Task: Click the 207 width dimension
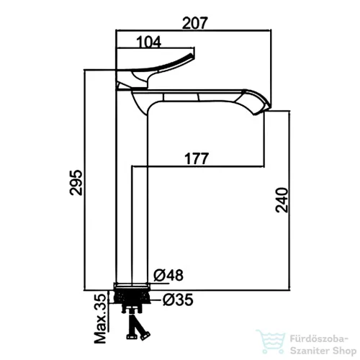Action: [194, 23]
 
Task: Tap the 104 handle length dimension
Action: [149, 42]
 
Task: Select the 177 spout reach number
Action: [197, 158]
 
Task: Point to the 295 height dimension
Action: [76, 182]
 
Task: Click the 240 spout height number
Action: [282, 200]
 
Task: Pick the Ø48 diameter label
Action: [168, 275]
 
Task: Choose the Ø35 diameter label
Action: [178, 300]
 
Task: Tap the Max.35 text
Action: [100, 318]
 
